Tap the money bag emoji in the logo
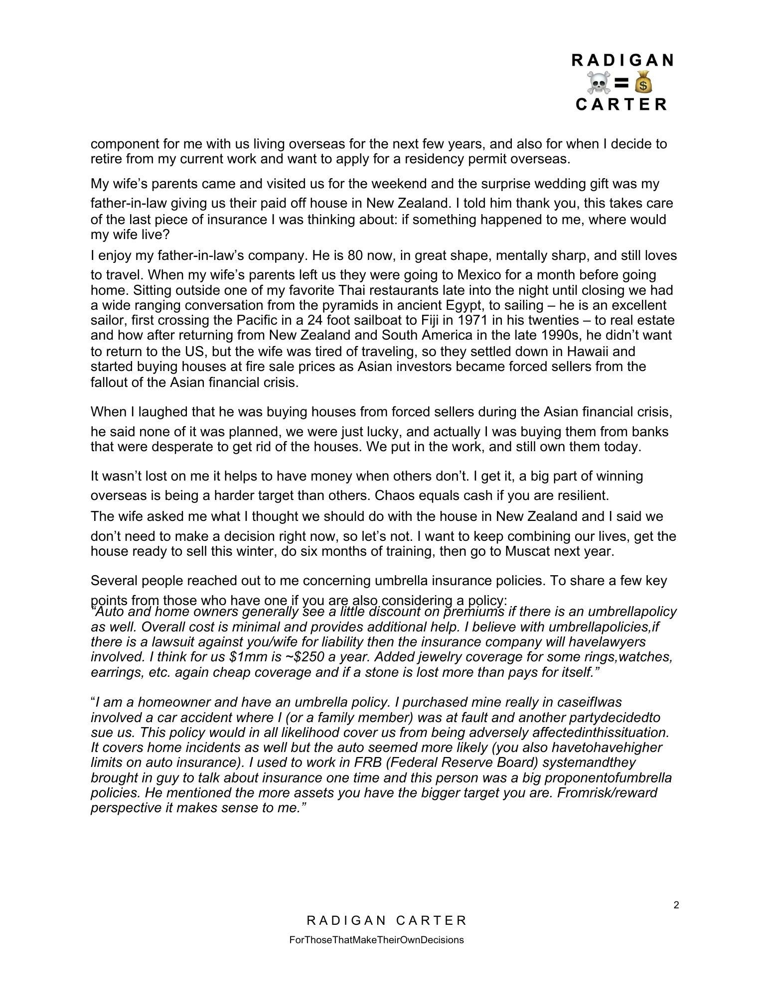[x=643, y=82]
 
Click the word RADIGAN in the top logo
[x=622, y=60]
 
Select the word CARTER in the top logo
[x=621, y=104]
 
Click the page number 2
[x=676, y=905]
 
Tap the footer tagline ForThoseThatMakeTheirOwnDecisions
[x=376, y=940]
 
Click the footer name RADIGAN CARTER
[x=387, y=920]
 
